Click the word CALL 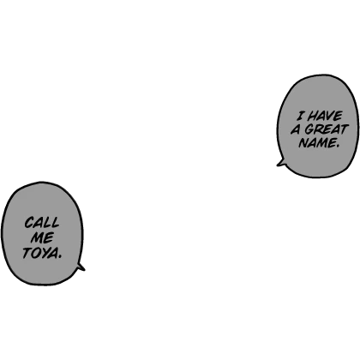coord(42,223)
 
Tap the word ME coord(42,237)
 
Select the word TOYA coord(42,253)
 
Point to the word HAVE coord(326,117)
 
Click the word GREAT coord(327,129)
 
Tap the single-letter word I coord(301,117)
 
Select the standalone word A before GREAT coord(296,130)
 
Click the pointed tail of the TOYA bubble coord(84,269)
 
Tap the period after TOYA coord(59,257)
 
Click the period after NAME coord(337,146)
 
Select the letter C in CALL coord(28,223)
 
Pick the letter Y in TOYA coord(46,253)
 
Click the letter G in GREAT coord(309,129)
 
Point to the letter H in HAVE coord(314,117)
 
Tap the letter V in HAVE coord(330,117)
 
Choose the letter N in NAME coord(304,143)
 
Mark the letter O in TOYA coord(37,254)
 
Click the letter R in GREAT coord(319,129)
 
